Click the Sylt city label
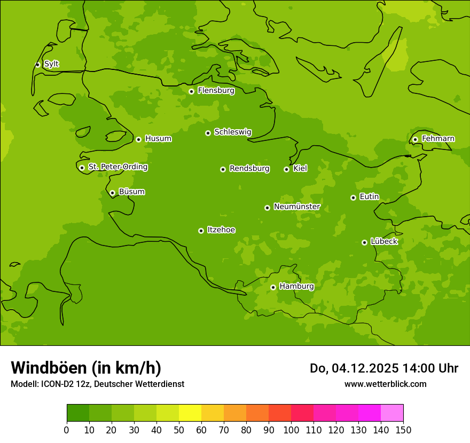51,64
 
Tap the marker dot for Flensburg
191,91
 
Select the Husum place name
158,139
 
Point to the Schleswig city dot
208,133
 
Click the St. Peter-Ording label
117,167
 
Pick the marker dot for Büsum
112,193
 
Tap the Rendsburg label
249,169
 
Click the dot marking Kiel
286,169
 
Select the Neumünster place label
297,207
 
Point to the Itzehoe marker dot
201,231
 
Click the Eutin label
369,197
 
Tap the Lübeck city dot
364,242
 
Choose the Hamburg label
296,287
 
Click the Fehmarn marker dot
415,139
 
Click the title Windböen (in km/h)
86,368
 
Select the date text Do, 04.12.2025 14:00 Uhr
383,368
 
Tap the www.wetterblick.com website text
385,384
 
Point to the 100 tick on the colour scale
291,430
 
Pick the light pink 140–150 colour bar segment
392,413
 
